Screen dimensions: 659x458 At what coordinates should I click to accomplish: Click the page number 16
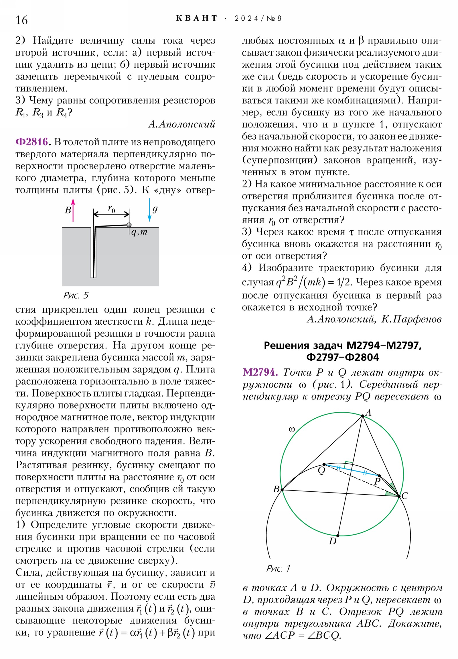click(x=22, y=20)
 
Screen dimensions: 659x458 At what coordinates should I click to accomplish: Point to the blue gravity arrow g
click(x=149, y=210)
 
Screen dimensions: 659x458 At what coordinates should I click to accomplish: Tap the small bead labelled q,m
click(x=129, y=225)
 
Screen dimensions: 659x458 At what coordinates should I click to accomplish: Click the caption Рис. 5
click(x=76, y=295)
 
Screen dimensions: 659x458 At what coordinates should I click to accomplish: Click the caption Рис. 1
click(x=278, y=568)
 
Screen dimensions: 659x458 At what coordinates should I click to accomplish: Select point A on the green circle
click(x=362, y=416)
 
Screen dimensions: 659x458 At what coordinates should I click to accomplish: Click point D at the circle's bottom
click(x=338, y=536)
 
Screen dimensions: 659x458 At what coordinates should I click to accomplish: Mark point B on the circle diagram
click(x=282, y=490)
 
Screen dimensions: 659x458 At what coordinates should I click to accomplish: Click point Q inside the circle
click(x=324, y=464)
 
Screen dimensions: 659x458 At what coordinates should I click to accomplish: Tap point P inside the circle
click(x=379, y=476)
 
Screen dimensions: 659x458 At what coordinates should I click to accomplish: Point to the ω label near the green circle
click(x=292, y=429)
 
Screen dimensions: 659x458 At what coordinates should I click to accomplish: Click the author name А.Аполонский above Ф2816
click(x=181, y=124)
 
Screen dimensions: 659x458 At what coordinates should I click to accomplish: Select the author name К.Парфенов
click(x=411, y=319)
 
